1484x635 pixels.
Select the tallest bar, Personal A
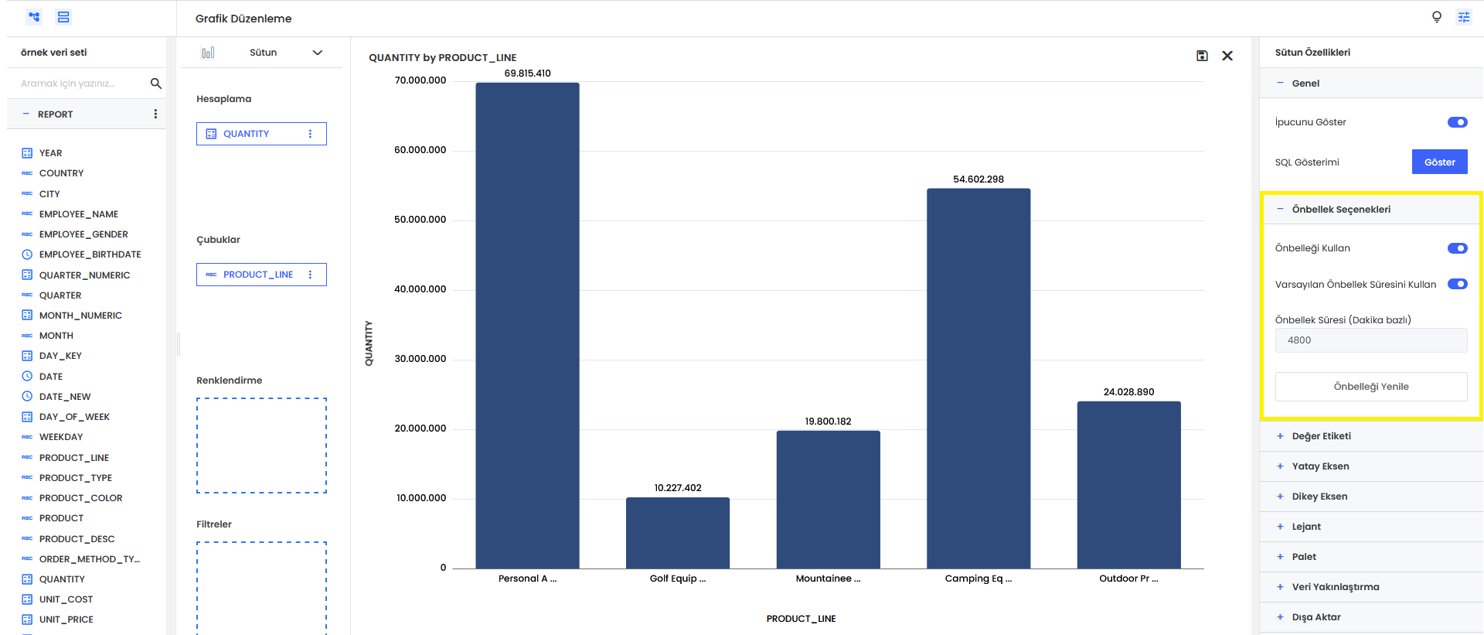[527, 325]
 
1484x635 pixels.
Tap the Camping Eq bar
[978, 379]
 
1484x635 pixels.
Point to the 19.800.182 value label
[828, 422]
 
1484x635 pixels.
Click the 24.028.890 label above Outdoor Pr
[1128, 392]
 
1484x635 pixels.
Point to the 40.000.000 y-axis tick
[420, 289]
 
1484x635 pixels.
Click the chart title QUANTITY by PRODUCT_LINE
[442, 57]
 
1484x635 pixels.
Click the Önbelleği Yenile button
[1370, 387]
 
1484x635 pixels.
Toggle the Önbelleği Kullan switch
[1457, 248]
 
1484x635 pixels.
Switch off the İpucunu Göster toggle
[1457, 122]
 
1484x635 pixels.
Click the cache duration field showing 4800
[1370, 340]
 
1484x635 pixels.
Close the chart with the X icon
[1227, 56]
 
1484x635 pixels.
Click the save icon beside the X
[1202, 56]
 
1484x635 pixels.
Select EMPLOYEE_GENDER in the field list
[83, 234]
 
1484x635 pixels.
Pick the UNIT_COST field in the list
[66, 599]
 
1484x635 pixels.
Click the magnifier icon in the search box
[155, 84]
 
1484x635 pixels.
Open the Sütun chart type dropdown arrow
[317, 53]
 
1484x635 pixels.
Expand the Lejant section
[1306, 527]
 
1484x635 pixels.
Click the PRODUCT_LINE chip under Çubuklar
[257, 275]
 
